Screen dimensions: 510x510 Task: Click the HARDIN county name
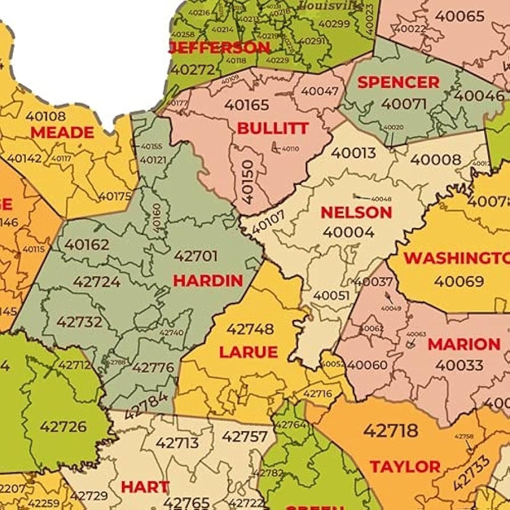point(208,280)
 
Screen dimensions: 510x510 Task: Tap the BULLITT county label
point(273,128)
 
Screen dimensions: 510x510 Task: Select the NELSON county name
point(356,213)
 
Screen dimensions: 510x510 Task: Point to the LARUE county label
point(248,352)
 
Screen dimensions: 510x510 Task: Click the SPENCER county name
point(398,82)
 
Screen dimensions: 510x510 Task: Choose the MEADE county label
point(62,133)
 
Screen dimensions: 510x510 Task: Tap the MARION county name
point(463,345)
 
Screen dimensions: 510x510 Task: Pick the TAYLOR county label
point(405,467)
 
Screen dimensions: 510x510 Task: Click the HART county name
point(145,487)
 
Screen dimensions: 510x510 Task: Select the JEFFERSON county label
point(220,47)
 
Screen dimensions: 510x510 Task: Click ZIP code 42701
point(196,256)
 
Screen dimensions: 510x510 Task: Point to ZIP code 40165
point(246,105)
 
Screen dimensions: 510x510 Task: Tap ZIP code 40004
point(349,232)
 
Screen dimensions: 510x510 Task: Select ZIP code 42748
point(250,329)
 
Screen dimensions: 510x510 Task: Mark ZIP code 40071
point(404,104)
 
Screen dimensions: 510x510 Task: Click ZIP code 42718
point(391,430)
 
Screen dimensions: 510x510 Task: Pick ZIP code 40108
point(46,116)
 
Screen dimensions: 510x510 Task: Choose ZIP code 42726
point(63,427)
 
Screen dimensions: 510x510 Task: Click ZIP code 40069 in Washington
point(459,281)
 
